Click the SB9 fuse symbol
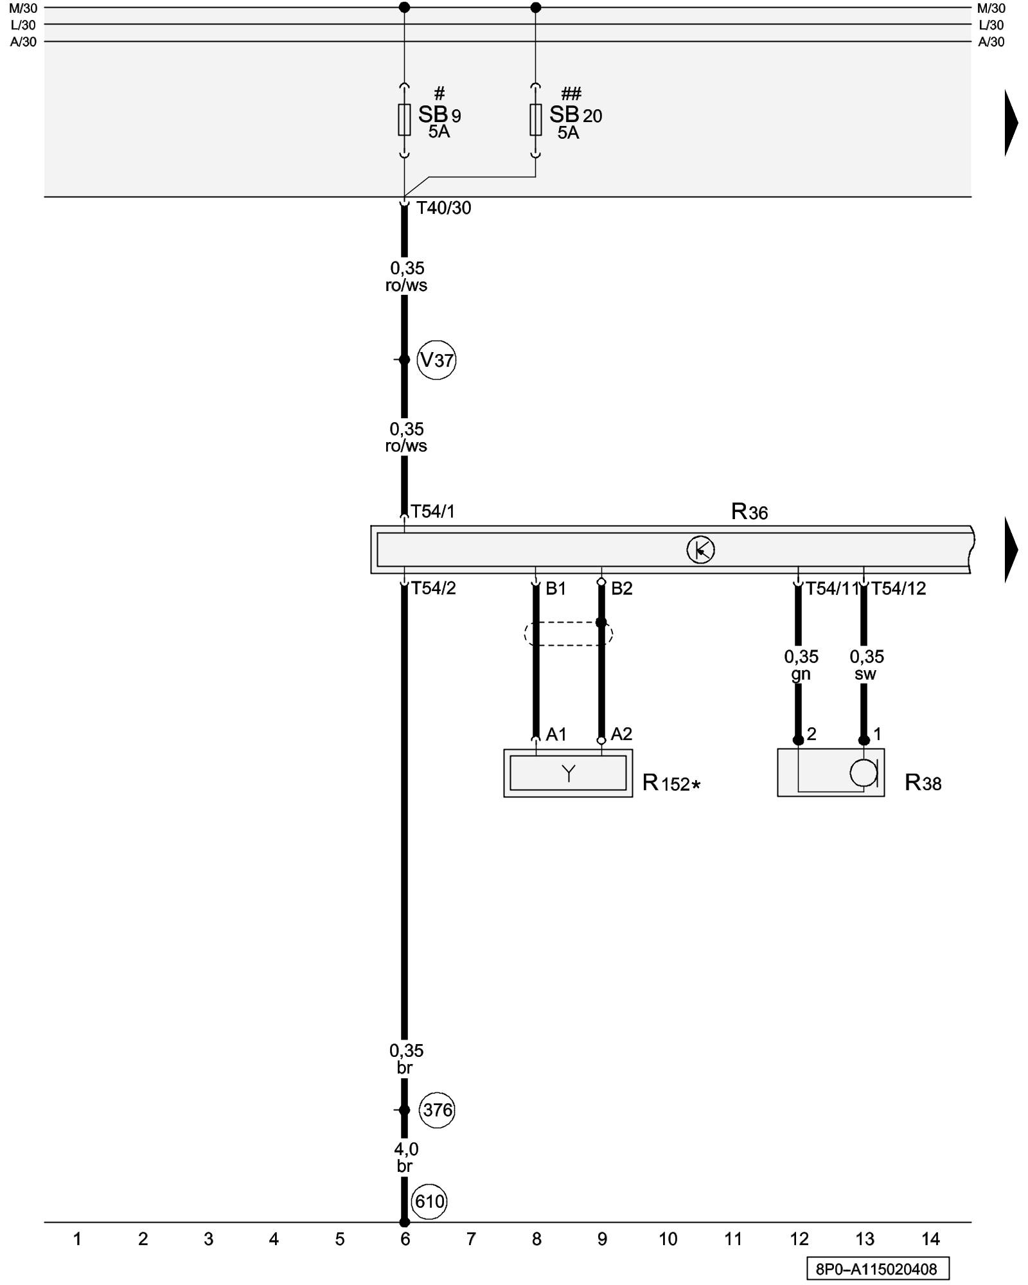point(404,120)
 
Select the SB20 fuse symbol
point(535,120)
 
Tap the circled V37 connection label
point(436,360)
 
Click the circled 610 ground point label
point(429,1201)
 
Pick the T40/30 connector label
point(443,208)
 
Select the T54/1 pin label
point(432,511)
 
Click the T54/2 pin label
point(433,588)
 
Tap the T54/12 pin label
point(898,589)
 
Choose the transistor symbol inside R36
point(700,549)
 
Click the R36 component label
point(749,512)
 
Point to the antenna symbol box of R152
point(568,773)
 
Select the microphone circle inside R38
point(863,772)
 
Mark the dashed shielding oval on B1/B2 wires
point(568,634)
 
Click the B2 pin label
point(621,589)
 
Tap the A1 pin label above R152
point(556,734)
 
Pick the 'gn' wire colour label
point(801,674)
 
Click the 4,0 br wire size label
point(405,1157)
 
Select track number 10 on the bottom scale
point(668,1239)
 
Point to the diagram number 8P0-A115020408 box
point(877,1269)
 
